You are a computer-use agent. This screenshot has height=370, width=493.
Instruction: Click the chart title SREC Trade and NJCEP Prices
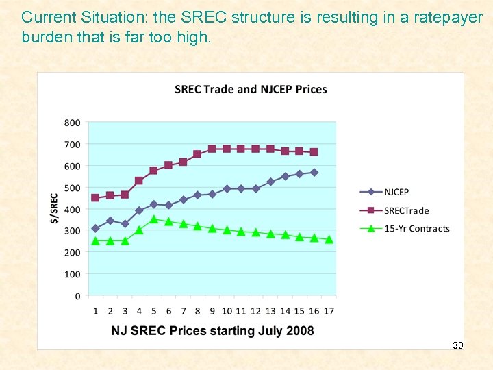pyautogui.click(x=251, y=89)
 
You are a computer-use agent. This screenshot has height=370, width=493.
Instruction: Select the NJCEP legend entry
pyautogui.click(x=396, y=192)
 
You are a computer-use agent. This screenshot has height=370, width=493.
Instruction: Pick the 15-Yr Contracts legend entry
pyautogui.click(x=416, y=228)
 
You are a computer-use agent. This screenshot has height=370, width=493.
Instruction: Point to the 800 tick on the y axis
pyautogui.click(x=72, y=123)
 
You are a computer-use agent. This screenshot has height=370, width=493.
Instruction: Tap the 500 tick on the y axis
pyautogui.click(x=72, y=188)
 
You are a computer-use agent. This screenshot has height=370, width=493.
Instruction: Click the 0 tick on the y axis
pyautogui.click(x=77, y=296)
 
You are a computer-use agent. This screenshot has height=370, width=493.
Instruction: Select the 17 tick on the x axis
pyautogui.click(x=329, y=311)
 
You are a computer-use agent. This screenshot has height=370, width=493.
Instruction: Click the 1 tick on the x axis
pyautogui.click(x=95, y=311)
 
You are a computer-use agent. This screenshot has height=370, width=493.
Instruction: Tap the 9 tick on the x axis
pyautogui.click(x=212, y=311)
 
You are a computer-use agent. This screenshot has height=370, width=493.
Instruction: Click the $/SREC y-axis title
pyautogui.click(x=54, y=209)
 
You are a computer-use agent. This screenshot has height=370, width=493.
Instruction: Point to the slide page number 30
pyautogui.click(x=458, y=345)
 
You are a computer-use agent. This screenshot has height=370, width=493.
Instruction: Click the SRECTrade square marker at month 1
pyautogui.click(x=95, y=198)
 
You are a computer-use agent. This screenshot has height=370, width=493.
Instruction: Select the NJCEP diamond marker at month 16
pyautogui.click(x=314, y=173)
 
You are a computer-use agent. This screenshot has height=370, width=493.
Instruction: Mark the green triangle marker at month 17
pyautogui.click(x=329, y=239)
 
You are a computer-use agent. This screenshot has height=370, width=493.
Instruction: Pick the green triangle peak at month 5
pyautogui.click(x=153, y=219)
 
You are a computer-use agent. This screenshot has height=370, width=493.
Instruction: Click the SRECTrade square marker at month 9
pyautogui.click(x=212, y=149)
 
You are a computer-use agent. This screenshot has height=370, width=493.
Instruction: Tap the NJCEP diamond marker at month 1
pyautogui.click(x=95, y=229)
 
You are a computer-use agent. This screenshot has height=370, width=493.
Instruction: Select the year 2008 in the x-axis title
pyautogui.click(x=299, y=331)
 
